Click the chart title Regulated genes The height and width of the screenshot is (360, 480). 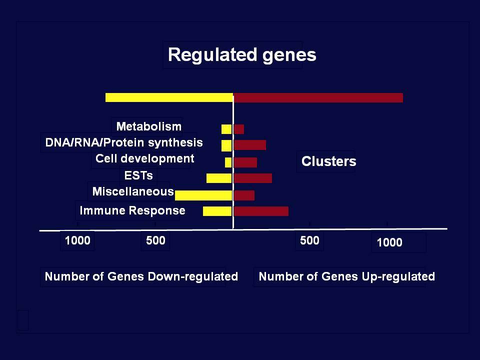coord(242,55)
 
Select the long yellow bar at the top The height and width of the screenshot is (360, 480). coord(169,97)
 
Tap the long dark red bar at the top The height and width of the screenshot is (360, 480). coord(318,97)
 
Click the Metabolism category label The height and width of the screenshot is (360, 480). coord(149,126)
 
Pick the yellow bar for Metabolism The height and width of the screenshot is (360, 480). coord(226,129)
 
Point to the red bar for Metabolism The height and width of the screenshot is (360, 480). coord(239,129)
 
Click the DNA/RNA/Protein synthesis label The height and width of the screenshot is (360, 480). coord(124,142)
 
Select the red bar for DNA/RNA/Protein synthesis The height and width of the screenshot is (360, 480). coord(250,145)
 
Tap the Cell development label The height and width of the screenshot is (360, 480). coord(145,158)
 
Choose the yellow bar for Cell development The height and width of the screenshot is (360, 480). coord(228,162)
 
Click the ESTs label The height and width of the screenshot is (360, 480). coord(138,175)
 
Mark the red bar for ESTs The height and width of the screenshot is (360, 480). coord(253,178)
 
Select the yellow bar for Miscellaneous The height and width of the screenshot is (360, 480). coord(203,195)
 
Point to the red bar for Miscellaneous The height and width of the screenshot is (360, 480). coord(244,195)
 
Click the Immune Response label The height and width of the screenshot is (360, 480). coord(132,210)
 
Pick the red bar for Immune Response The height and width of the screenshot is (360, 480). coord(261,211)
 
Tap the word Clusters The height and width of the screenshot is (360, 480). coord(329,161)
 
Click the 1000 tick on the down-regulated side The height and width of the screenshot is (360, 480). coord(78,240)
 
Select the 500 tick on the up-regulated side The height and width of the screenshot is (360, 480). coord(309,240)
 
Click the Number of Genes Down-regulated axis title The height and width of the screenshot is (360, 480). coord(141,276)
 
